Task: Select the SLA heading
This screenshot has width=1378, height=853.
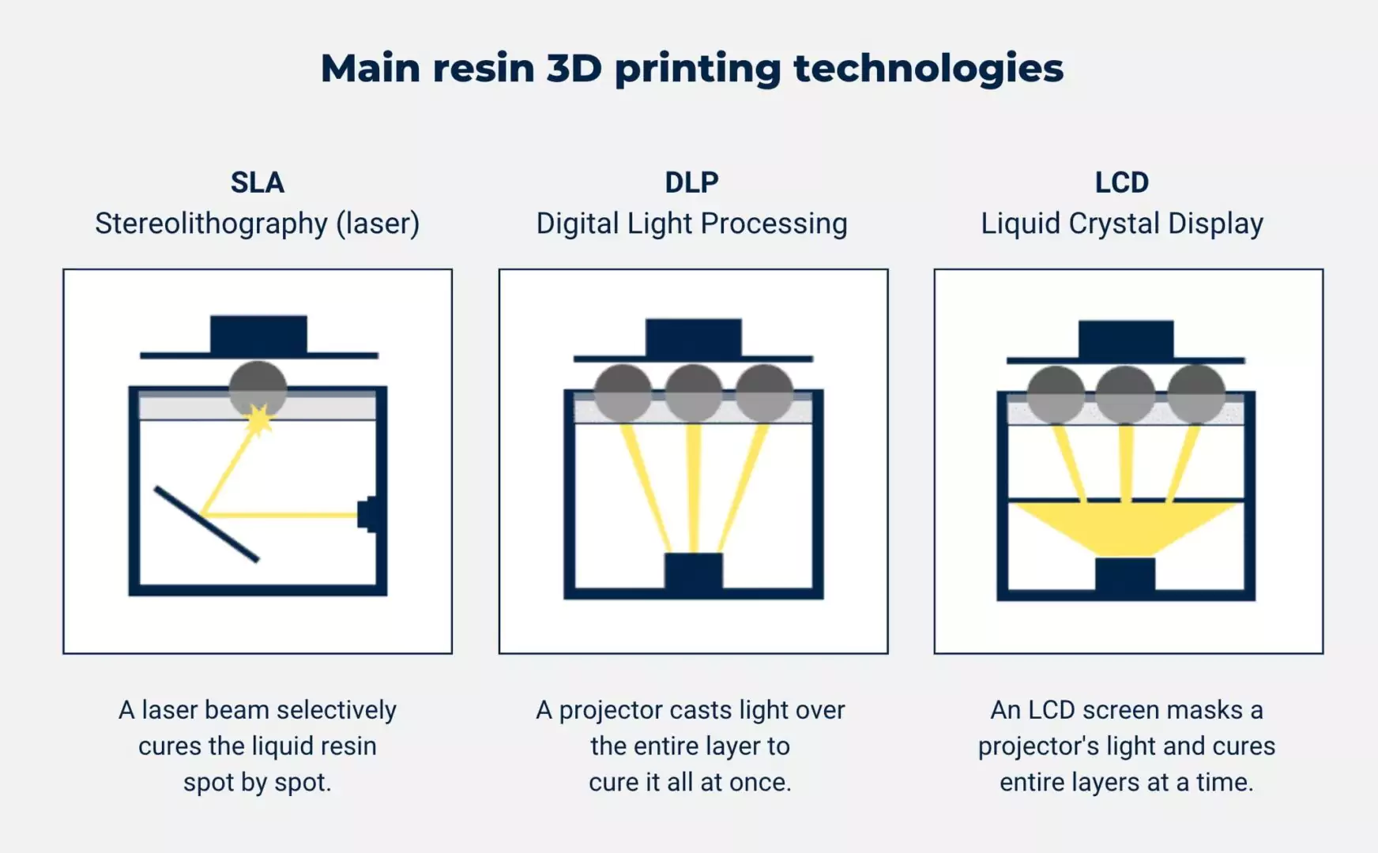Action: pos(258,182)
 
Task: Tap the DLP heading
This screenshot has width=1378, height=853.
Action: pos(691,182)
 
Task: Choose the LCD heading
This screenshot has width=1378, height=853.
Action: pos(1121,182)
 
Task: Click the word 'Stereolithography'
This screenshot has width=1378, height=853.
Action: pos(211,224)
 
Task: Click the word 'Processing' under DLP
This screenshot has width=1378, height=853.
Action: pos(774,224)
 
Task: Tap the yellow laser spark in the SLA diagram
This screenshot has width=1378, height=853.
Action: pos(258,419)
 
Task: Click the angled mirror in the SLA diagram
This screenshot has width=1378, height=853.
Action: pos(206,524)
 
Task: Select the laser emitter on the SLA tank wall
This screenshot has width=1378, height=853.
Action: pos(367,514)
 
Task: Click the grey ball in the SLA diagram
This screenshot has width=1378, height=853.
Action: pos(258,387)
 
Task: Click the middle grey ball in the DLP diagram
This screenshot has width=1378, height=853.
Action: pos(693,393)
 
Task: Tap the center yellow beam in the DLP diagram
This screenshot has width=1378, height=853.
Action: pos(693,486)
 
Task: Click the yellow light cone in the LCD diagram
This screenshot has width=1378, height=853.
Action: pos(1125,526)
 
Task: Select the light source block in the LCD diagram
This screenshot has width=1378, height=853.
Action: pos(1125,574)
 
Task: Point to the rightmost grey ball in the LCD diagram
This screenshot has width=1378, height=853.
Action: pos(1195,394)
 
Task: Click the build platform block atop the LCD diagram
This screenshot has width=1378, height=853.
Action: pos(1125,340)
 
